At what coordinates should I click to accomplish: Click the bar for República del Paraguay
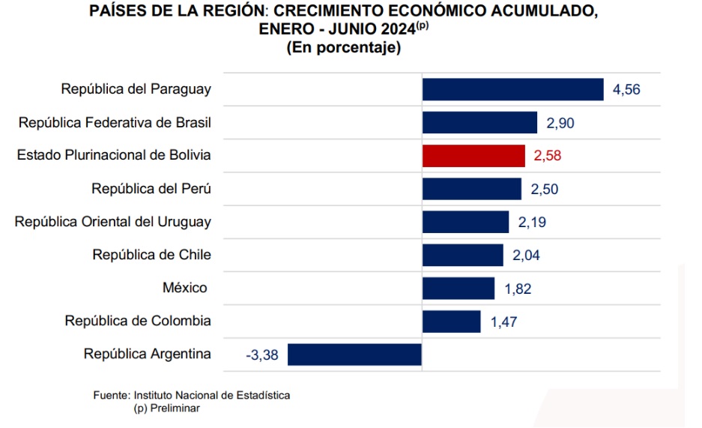point(512,89)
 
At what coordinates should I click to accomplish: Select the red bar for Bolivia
point(473,156)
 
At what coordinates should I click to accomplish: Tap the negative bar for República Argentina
point(354,355)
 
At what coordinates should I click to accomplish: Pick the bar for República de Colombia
point(451,322)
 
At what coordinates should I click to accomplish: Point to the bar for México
point(459,289)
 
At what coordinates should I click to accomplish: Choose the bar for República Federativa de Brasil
point(479,123)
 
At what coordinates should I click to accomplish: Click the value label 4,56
point(627,90)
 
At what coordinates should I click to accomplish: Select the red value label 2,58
point(547,156)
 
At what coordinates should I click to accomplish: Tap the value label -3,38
point(261,355)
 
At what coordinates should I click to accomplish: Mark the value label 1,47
point(504,322)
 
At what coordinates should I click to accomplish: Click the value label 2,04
point(526,256)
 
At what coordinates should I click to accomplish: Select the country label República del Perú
point(151,189)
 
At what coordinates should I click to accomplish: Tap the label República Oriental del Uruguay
point(113,222)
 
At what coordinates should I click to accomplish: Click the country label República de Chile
point(151,255)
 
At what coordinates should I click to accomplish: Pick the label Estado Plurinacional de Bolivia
point(114,155)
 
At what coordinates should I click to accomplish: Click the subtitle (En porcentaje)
point(343,48)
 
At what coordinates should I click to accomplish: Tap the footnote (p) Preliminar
point(167,408)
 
